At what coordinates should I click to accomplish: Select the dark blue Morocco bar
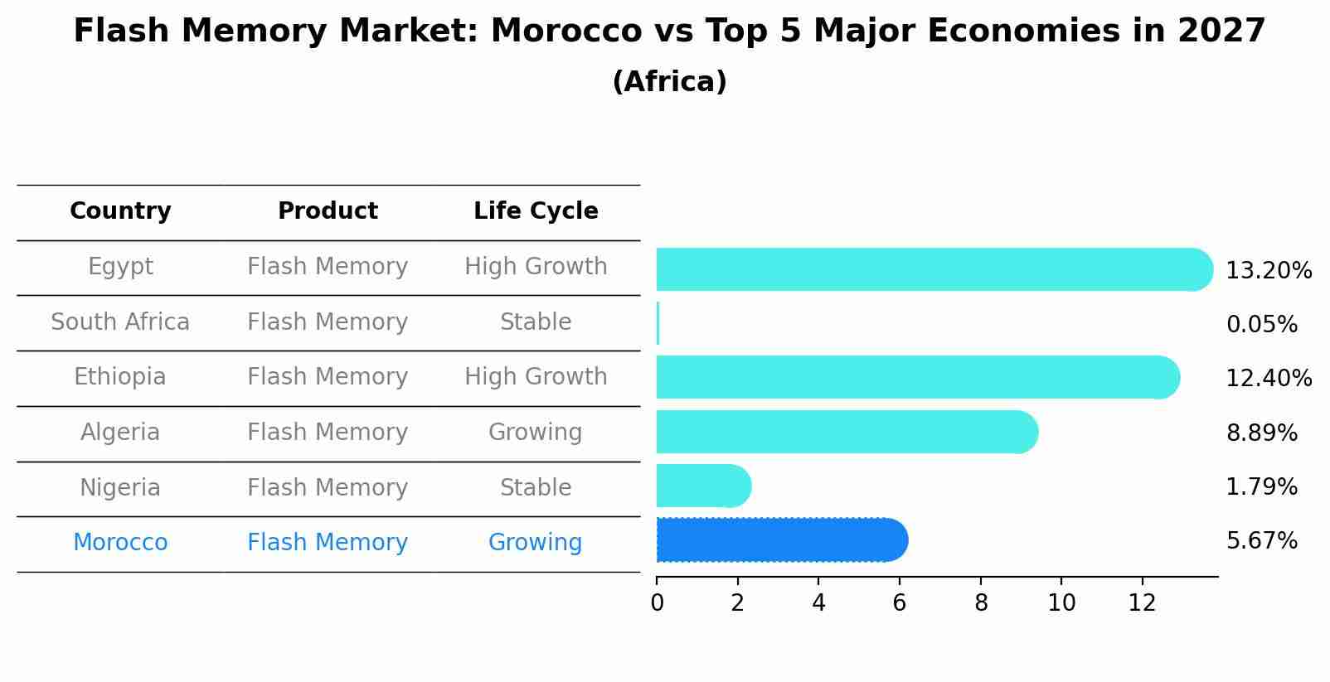[779, 540]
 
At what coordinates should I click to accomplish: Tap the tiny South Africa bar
[658, 323]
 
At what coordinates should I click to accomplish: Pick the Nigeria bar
[701, 486]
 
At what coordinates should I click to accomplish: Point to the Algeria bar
[846, 432]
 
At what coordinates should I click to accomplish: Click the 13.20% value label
[1268, 271]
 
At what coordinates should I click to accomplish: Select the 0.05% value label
[1261, 325]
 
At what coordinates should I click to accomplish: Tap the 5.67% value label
[1261, 541]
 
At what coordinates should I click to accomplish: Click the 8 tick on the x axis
[981, 603]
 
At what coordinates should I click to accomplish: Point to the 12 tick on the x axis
[1142, 603]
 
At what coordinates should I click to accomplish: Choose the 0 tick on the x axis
[657, 603]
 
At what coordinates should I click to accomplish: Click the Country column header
[120, 211]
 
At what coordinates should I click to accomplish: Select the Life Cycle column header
[536, 211]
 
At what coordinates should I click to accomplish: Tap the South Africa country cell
[120, 322]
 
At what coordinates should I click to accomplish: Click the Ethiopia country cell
[120, 377]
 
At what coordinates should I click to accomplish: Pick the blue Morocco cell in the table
[120, 543]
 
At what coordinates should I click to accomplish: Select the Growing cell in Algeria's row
[535, 433]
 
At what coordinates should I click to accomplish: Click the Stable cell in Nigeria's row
[535, 488]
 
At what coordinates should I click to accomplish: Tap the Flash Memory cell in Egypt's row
[328, 267]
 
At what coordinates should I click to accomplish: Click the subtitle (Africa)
[669, 82]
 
